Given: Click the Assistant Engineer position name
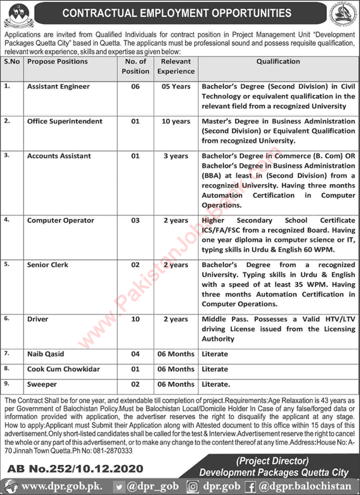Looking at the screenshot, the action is coord(58,87).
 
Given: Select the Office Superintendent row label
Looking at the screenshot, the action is coord(64,121).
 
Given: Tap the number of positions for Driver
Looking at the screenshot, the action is coord(135,319).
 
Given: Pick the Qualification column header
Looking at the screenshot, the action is coord(278,61).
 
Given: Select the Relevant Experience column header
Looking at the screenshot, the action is coord(177,66).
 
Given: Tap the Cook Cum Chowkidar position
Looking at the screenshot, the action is coord(63,369).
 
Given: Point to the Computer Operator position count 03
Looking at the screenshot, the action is coord(135,221).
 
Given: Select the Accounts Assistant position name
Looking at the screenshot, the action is coord(59,156).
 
